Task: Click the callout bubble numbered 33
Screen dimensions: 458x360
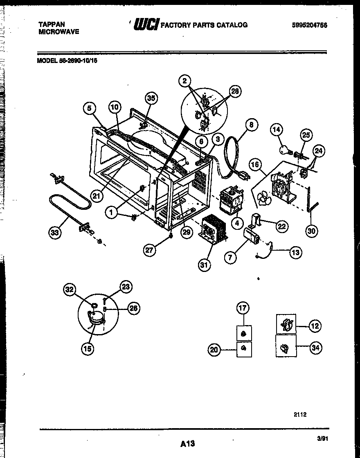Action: pyautogui.click(x=54, y=233)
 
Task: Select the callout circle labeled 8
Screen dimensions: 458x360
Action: pyautogui.click(x=251, y=125)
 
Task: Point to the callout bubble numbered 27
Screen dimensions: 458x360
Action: pyautogui.click(x=151, y=250)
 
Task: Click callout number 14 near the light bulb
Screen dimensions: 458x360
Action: pyautogui.click(x=277, y=130)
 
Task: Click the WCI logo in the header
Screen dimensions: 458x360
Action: pyautogui.click(x=146, y=25)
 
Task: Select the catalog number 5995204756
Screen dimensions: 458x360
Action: pyautogui.click(x=310, y=25)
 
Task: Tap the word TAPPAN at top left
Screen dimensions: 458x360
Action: pyautogui.click(x=51, y=25)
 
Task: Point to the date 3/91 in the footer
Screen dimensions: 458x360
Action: pyautogui.click(x=323, y=438)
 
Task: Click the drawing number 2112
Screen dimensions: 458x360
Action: pyautogui.click(x=300, y=414)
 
